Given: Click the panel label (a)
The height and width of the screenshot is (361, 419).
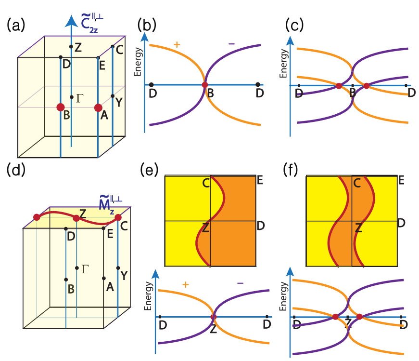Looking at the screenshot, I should [x=15, y=25].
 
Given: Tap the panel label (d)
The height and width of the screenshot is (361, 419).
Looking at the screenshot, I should [x=15, y=170].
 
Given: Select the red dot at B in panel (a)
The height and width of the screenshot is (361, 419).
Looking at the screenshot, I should [x=61, y=107].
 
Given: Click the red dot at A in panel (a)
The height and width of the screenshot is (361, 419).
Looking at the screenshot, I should [x=98, y=107].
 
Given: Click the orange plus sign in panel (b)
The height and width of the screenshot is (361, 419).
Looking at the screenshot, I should [x=177, y=45].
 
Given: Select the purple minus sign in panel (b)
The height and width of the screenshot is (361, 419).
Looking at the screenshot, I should [x=231, y=44].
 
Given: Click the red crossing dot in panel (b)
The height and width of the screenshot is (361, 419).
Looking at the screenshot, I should [x=205, y=85].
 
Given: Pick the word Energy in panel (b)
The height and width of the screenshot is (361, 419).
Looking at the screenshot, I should [x=138, y=61].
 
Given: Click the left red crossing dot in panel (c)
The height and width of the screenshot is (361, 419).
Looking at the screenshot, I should [x=339, y=86].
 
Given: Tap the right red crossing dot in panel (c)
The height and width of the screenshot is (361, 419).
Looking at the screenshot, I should [x=367, y=86].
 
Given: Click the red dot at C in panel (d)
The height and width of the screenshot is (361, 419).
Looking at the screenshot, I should [x=118, y=217].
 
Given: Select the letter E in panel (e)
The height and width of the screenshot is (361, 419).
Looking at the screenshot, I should [x=260, y=181].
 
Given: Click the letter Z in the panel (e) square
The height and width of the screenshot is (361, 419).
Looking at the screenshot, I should [x=205, y=228].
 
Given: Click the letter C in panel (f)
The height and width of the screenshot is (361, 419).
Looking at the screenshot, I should [x=357, y=183].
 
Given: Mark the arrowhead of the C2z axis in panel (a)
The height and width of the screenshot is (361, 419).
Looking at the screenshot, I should [x=71, y=21].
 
